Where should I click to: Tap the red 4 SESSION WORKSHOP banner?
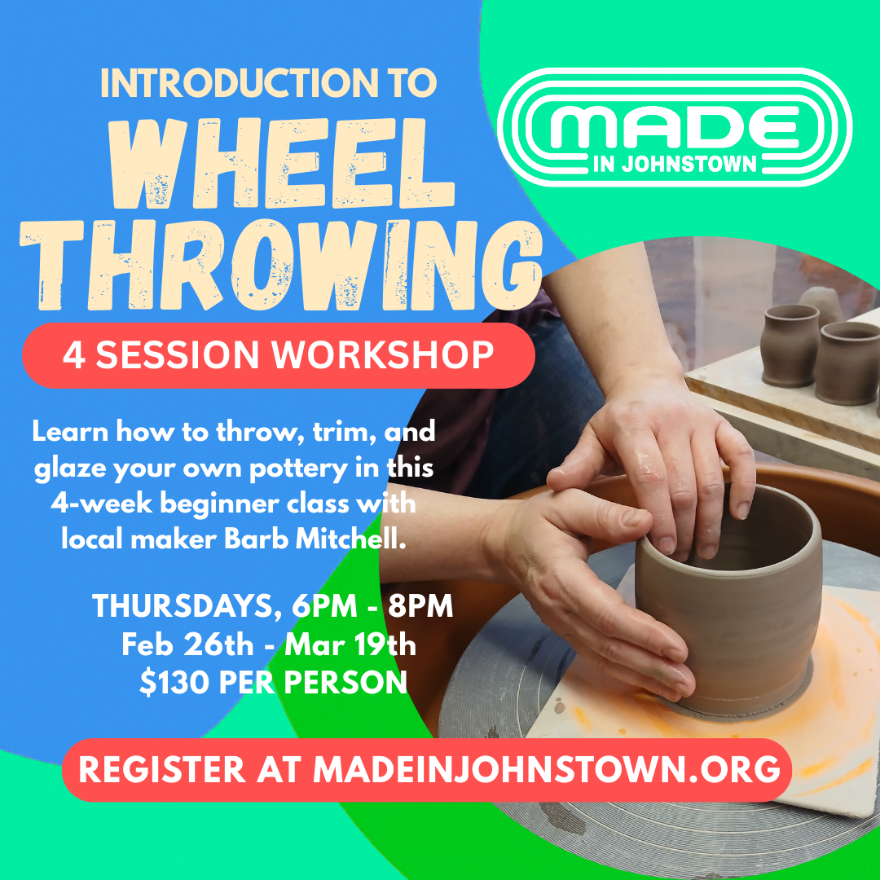[x=278, y=355]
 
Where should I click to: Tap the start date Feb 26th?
[x=187, y=645]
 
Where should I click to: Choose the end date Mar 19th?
[x=350, y=645]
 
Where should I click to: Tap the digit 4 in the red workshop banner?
[x=74, y=355]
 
